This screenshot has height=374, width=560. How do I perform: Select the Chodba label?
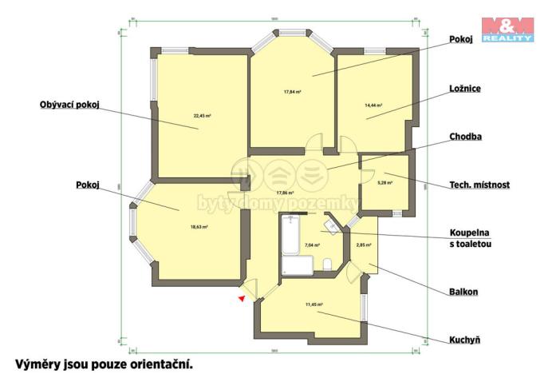[x=466, y=137]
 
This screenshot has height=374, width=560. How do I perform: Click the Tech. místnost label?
[x=479, y=185]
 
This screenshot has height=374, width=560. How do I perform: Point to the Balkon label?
[x=463, y=292]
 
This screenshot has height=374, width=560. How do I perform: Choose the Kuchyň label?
[x=464, y=340]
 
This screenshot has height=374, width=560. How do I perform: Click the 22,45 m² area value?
[x=202, y=116]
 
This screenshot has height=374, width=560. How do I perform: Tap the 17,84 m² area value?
[x=292, y=91]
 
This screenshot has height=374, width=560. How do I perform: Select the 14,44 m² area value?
[x=373, y=105]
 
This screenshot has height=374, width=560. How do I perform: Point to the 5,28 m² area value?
[x=385, y=183]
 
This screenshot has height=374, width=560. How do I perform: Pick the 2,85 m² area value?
[x=363, y=244]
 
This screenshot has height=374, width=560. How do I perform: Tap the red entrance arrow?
[x=240, y=298]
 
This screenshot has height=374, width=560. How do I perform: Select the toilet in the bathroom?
[x=327, y=265]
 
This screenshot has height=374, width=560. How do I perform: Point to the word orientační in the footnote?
[x=158, y=364]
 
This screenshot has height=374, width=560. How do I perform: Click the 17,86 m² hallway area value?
[x=285, y=193]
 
